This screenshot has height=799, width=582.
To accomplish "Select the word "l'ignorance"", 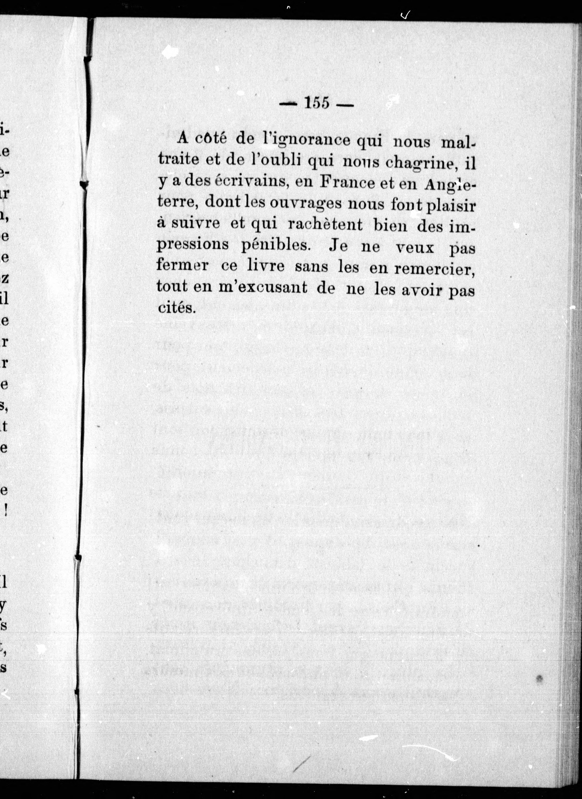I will [306, 140].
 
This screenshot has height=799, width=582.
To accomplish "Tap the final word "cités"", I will [176, 308].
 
